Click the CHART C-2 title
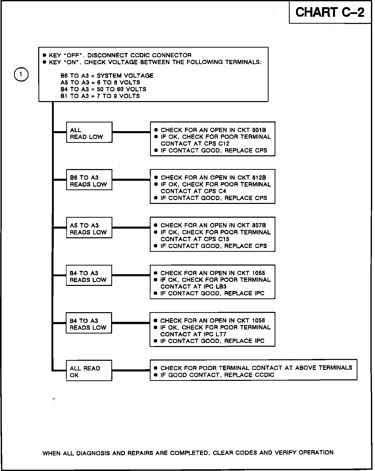click(x=330, y=12)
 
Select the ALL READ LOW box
click(x=89, y=132)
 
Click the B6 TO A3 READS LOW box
click(x=89, y=180)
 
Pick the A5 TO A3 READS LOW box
click(x=89, y=228)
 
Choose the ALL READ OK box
click(x=89, y=370)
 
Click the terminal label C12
click(x=224, y=144)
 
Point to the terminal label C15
click(x=224, y=239)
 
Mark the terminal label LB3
click(x=221, y=286)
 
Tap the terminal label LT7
click(x=221, y=334)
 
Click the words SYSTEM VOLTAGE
click(x=125, y=76)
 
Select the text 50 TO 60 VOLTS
click(x=122, y=89)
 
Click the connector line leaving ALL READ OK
click(x=131, y=370)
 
